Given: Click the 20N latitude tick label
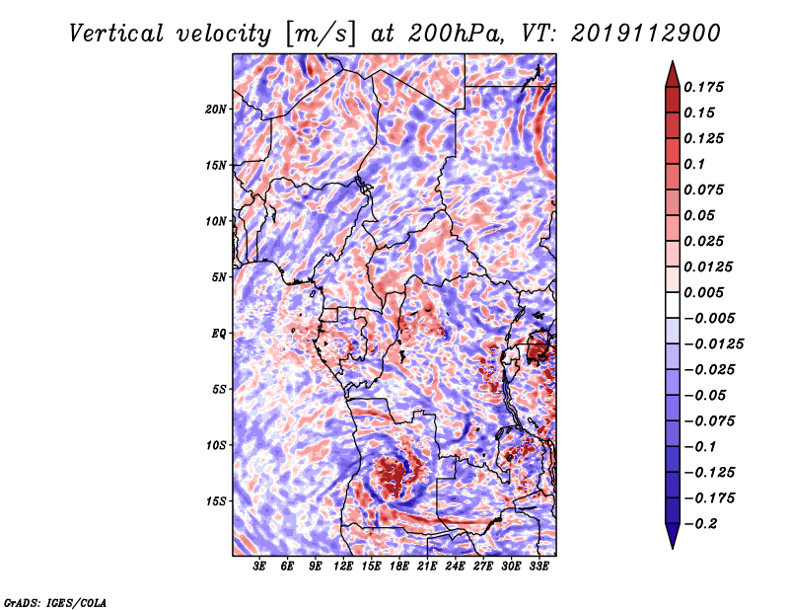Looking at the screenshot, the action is [x=215, y=110].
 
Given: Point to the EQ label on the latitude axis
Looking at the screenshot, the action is [x=219, y=334].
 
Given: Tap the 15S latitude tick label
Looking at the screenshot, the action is [x=215, y=501].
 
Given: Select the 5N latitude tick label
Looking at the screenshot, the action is [x=219, y=277].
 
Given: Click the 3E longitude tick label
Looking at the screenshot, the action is [x=259, y=567].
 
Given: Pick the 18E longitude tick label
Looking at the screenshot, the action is [x=399, y=567].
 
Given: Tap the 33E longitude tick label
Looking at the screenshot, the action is [x=538, y=567].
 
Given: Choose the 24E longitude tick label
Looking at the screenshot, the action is [x=455, y=567].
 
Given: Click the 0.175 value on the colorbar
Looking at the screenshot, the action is [x=703, y=87].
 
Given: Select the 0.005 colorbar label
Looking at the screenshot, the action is [x=703, y=292].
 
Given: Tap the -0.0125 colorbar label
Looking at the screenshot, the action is [x=713, y=344].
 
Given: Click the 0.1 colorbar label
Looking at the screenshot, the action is [x=694, y=164].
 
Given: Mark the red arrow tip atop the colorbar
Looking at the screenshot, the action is [x=673, y=61].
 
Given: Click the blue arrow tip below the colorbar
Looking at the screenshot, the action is [x=673, y=548].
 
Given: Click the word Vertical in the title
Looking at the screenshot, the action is [x=116, y=34].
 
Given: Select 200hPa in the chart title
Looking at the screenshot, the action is [x=456, y=34].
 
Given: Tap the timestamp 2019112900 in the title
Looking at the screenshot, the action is [x=646, y=34].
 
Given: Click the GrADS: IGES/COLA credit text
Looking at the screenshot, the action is [x=55, y=603].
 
